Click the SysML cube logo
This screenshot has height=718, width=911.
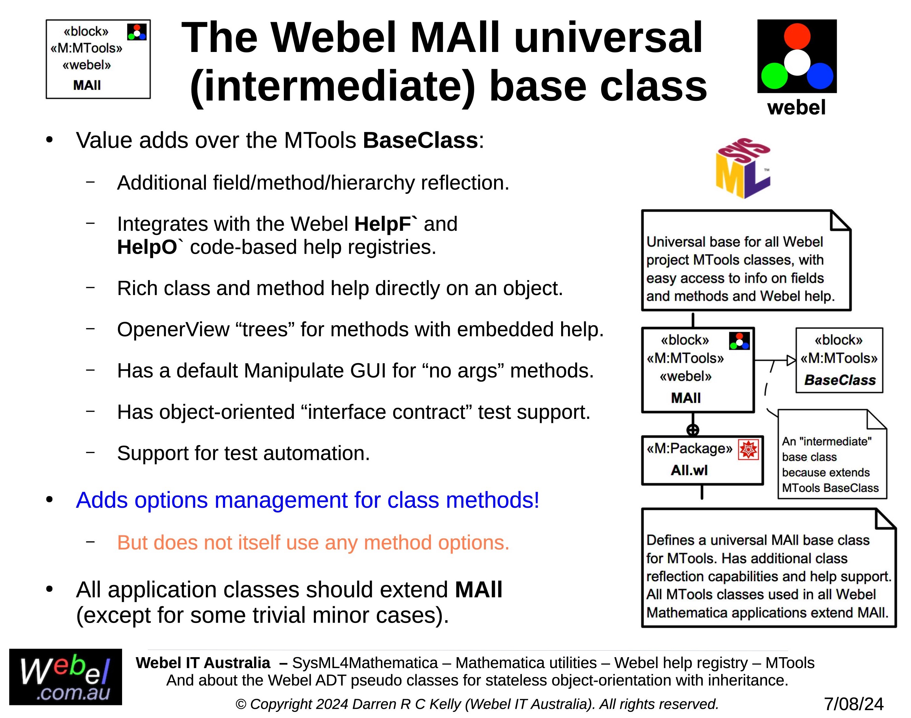(x=743, y=168)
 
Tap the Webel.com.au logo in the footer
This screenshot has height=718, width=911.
(x=66, y=677)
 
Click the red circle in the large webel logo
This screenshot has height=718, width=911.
(x=797, y=36)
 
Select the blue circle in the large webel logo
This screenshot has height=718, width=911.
(x=820, y=76)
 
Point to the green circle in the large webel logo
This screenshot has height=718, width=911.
(x=774, y=76)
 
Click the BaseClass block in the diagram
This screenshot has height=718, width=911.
(x=839, y=360)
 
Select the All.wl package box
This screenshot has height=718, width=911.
(x=702, y=460)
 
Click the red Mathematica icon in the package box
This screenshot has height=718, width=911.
(x=748, y=449)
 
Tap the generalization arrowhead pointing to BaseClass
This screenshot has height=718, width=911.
(x=791, y=360)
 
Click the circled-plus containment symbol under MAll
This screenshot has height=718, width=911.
(x=693, y=430)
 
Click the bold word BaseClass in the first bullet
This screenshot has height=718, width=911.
(x=420, y=141)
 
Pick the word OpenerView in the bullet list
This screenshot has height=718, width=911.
(x=173, y=330)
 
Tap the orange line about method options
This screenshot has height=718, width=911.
(x=313, y=543)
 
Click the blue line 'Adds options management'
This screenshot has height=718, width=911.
(x=307, y=500)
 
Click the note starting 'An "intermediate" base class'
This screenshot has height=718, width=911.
(x=832, y=454)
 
